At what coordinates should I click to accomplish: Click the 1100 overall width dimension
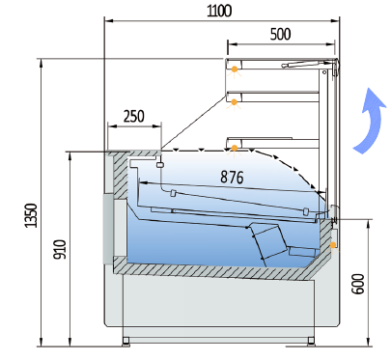point(219,11)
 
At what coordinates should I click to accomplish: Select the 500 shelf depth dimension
point(281,34)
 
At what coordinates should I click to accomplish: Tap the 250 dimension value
point(134,116)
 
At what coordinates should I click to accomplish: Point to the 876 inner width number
point(232,177)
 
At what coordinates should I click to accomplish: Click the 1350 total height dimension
point(31,215)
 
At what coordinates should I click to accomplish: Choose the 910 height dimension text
point(60,249)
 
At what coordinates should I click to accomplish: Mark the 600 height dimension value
point(358,284)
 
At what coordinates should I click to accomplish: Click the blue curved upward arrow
point(369,120)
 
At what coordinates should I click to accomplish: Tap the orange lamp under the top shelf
point(235,69)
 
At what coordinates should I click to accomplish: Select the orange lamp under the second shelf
point(235,102)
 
